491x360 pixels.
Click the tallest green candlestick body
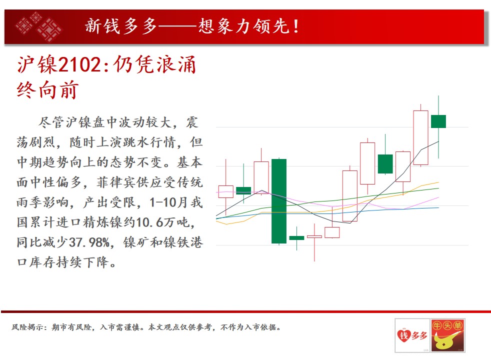(x=278, y=201)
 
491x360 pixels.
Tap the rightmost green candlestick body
(x=438, y=121)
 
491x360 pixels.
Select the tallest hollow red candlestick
(x=420, y=137)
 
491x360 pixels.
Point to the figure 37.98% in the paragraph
(x=89, y=242)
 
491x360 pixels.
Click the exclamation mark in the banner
(x=296, y=26)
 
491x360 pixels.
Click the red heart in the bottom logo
(x=403, y=335)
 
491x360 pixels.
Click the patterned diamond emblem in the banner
(x=38, y=26)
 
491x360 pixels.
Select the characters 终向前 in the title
(x=47, y=90)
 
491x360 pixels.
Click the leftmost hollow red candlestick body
(x=226, y=191)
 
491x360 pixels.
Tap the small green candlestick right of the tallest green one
(x=296, y=238)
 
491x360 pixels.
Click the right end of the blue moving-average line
(x=438, y=207)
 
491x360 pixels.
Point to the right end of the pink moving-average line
(x=438, y=197)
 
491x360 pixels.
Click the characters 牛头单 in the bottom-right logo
(x=447, y=325)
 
